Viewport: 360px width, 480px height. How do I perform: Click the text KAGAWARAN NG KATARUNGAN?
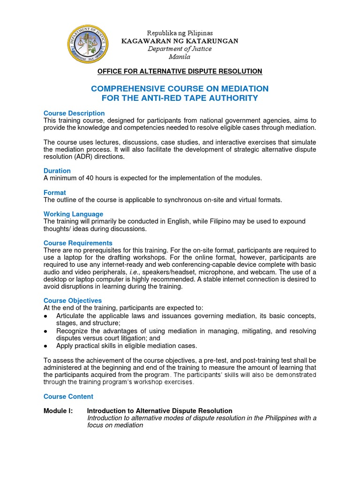[180, 41]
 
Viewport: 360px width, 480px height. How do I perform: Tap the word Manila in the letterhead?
[180, 57]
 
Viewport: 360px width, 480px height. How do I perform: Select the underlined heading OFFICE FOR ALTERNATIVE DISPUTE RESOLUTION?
[180, 71]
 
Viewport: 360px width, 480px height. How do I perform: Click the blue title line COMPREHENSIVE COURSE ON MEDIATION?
[180, 89]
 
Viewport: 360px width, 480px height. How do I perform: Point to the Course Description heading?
[74, 113]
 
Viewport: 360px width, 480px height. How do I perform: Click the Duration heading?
[57, 171]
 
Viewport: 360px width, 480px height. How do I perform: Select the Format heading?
[55, 193]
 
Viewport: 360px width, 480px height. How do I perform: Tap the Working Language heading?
[73, 214]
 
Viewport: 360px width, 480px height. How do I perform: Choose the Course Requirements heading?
[78, 243]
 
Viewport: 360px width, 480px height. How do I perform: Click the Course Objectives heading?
[73, 300]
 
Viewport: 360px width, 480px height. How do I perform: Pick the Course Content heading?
[68, 396]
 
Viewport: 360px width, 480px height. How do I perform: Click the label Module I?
[58, 411]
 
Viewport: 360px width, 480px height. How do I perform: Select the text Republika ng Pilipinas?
[180, 33]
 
